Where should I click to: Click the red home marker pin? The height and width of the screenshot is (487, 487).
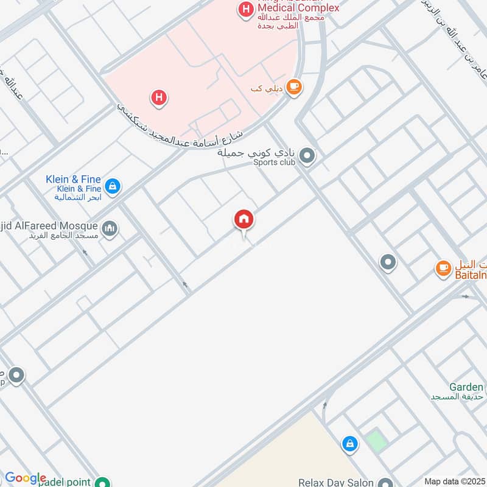[x=244, y=220]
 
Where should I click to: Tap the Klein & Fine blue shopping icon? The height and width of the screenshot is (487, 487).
[x=111, y=186]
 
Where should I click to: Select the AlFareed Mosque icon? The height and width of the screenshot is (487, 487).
[x=110, y=229]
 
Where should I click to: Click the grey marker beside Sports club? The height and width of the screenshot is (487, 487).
[x=307, y=157]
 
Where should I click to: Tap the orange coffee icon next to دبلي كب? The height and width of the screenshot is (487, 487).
[x=294, y=87]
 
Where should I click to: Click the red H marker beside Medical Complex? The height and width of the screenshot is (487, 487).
[x=245, y=9]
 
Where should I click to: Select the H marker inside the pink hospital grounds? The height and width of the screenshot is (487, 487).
[x=159, y=97]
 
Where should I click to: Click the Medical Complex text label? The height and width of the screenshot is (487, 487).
[x=298, y=9]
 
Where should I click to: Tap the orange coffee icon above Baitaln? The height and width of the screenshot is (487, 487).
[x=443, y=267]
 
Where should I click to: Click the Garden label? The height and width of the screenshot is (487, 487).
[x=466, y=387]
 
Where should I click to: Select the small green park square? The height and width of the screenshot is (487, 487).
[x=377, y=440]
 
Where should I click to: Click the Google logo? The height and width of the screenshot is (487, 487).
[x=25, y=478]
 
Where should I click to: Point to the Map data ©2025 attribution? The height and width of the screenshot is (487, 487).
[x=454, y=481]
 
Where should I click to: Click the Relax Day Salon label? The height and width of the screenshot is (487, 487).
[x=335, y=483]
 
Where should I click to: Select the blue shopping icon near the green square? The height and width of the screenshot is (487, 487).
[x=349, y=444]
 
